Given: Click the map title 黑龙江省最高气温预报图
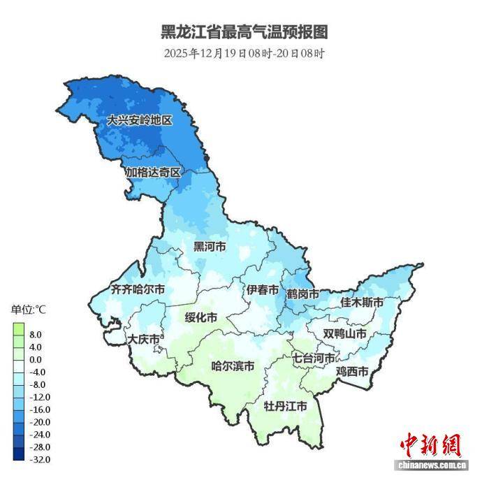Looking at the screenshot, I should [245, 31].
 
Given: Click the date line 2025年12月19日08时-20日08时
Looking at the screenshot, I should [245, 53].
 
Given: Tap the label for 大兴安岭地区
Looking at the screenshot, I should [139, 120].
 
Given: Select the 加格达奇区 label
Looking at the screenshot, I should [153, 172].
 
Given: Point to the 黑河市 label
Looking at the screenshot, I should [210, 247].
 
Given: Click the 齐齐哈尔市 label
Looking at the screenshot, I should [138, 289].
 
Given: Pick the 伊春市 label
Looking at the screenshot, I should [262, 289].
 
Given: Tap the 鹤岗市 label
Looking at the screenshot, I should [302, 294].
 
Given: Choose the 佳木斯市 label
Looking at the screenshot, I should [362, 303].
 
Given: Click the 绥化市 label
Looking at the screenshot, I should [201, 317].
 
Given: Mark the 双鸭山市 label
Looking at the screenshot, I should [344, 334].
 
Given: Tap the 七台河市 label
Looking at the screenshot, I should [314, 358].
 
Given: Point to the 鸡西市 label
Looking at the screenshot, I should [352, 371].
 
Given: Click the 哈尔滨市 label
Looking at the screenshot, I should [233, 366].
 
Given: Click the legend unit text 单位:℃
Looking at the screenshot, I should [27, 309].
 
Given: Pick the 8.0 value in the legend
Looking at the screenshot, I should [35, 334].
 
